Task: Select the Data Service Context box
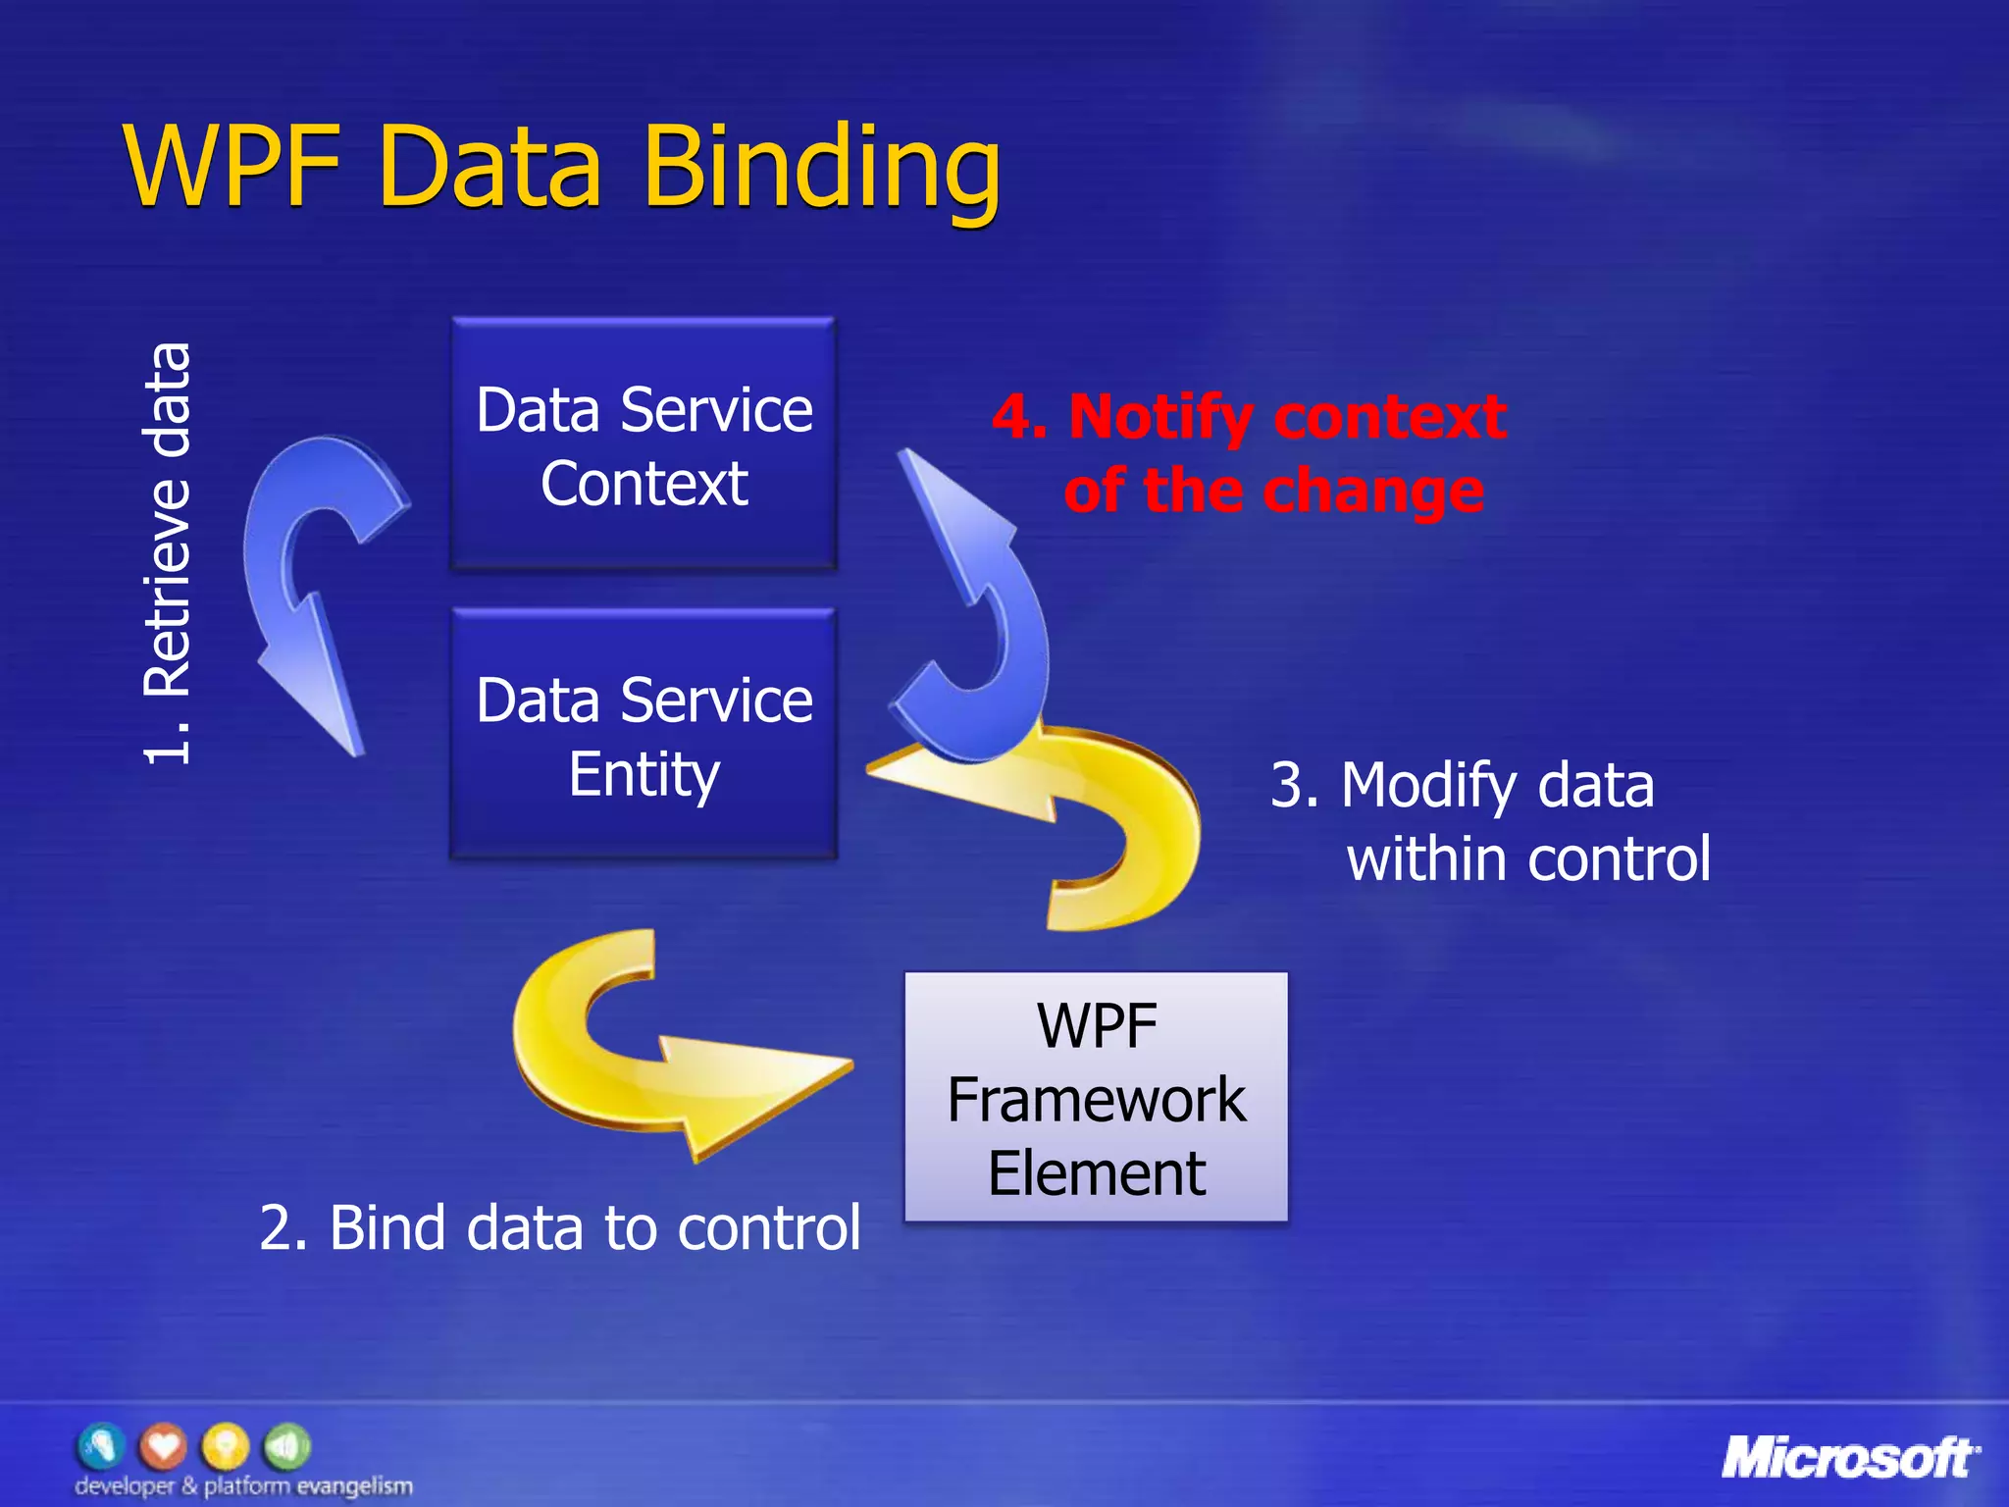(x=644, y=444)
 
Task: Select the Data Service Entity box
(x=644, y=736)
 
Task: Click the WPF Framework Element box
(x=1096, y=1097)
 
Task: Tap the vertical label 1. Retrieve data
(x=167, y=554)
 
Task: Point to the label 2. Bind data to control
(x=559, y=1227)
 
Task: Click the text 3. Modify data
(x=1462, y=786)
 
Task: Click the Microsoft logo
(x=1849, y=1458)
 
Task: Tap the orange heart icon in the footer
(x=163, y=1446)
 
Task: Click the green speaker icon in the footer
(x=287, y=1446)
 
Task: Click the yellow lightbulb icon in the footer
(x=226, y=1446)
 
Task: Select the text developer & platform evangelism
(x=243, y=1486)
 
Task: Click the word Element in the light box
(x=1096, y=1173)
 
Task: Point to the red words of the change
(x=1273, y=491)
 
